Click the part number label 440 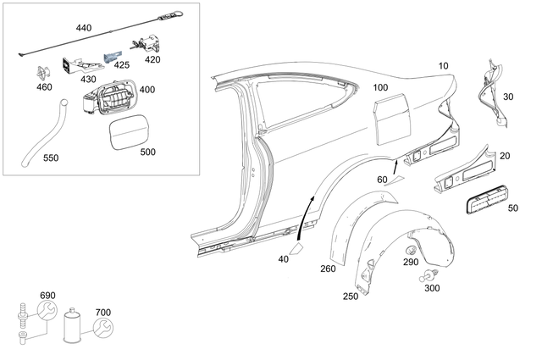coord(84,28)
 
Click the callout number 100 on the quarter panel coord(380,87)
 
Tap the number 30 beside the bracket coord(507,97)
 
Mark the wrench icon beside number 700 coord(101,328)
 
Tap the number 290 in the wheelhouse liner coord(410,262)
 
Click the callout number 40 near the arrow coord(283,259)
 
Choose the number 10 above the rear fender coord(444,65)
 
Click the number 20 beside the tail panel coord(505,155)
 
